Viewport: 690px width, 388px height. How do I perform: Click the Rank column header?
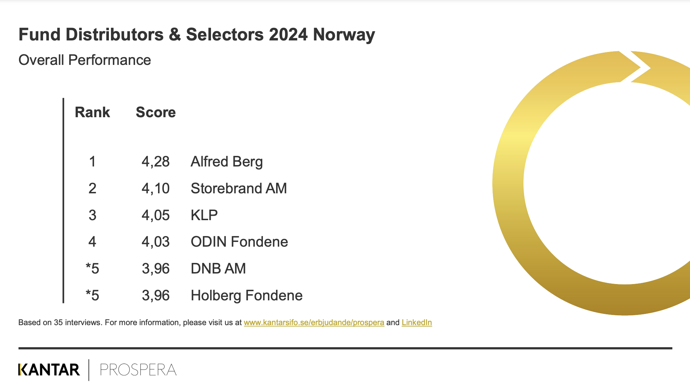(92, 112)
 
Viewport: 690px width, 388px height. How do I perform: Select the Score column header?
(156, 112)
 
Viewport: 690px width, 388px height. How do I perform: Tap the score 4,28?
(156, 162)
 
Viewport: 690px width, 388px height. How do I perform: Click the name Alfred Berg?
(227, 162)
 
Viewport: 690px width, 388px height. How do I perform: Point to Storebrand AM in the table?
(239, 188)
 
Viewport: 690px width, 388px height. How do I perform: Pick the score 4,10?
(156, 189)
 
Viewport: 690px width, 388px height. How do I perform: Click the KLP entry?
(204, 215)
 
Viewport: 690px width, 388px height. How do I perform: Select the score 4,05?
(156, 215)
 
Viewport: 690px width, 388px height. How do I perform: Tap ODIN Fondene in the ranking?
(239, 242)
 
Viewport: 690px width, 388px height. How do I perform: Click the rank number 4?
(92, 242)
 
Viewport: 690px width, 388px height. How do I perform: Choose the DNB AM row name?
(218, 268)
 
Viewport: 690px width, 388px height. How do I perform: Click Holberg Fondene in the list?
(247, 295)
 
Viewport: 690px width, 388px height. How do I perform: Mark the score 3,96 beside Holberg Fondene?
(156, 296)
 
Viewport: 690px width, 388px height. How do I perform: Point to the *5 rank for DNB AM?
(92, 268)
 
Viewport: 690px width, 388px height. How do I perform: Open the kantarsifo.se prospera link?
(314, 322)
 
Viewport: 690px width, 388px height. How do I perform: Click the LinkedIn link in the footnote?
(417, 322)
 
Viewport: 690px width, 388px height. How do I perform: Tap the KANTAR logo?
(49, 370)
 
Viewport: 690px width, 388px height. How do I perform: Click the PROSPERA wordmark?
(138, 370)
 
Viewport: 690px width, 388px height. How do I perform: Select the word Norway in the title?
(344, 35)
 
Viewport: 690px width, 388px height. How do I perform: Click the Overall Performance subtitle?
(85, 60)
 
